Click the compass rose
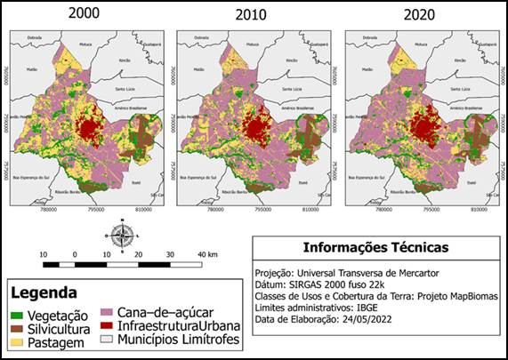[123, 236]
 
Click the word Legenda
[44, 292]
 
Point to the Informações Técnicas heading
[375, 247]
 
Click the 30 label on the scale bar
[169, 255]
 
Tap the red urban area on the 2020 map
[425, 127]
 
